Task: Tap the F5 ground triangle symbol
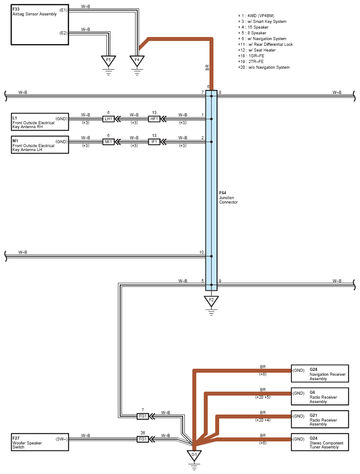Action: point(108,60)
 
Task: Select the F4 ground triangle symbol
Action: point(137,60)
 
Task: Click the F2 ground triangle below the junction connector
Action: point(211,300)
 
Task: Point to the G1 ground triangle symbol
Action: point(194,455)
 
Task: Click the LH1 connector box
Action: point(108,119)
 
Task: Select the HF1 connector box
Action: point(154,119)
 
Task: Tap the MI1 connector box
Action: point(108,142)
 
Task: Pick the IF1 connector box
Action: point(154,142)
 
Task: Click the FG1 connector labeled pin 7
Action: point(143,416)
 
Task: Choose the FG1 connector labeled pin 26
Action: point(143,439)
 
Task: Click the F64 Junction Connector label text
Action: point(228,197)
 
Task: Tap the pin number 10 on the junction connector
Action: point(202,252)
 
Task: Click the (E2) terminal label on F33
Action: point(63,33)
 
